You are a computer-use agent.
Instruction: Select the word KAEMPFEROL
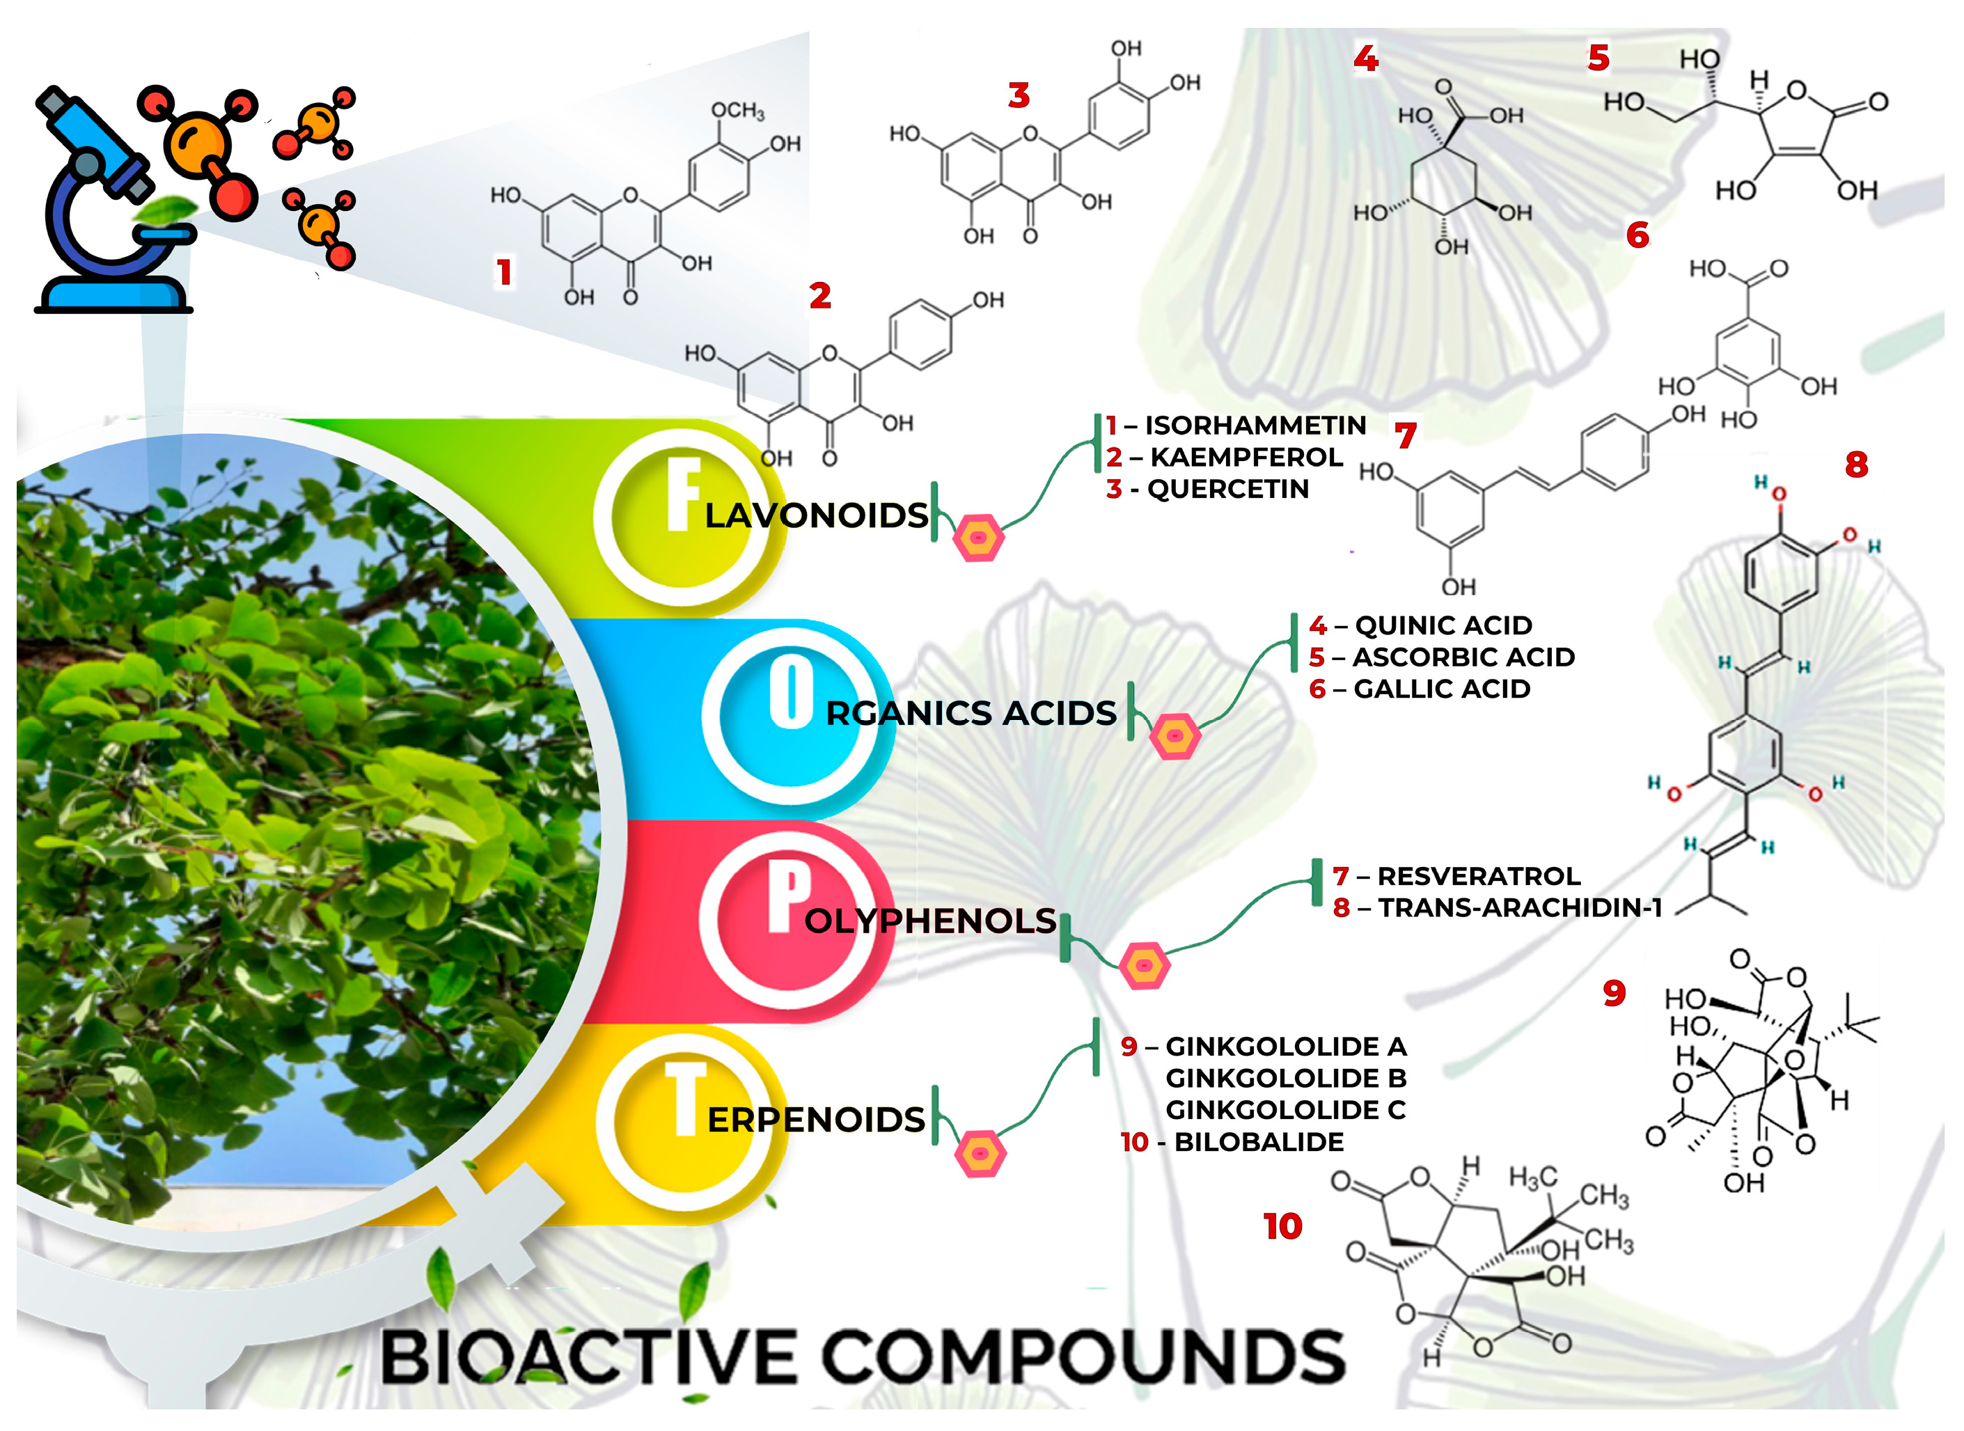[x=1246, y=458]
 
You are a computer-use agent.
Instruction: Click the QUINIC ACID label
[x=1443, y=625]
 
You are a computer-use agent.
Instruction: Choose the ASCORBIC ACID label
[x=1463, y=657]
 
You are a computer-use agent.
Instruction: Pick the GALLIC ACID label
[x=1442, y=689]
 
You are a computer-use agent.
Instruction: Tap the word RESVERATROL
[x=1478, y=877]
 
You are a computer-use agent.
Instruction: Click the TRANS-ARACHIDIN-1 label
[x=1520, y=909]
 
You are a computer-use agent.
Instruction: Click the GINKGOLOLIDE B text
[x=1286, y=1079]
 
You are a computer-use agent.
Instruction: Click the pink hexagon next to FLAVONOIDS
[x=979, y=539]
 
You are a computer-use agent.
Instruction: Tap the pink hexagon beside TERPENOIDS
[x=980, y=1155]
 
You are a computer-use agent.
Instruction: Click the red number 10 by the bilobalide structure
[x=1282, y=1226]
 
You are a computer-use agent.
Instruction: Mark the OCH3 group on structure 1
[x=738, y=111]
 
